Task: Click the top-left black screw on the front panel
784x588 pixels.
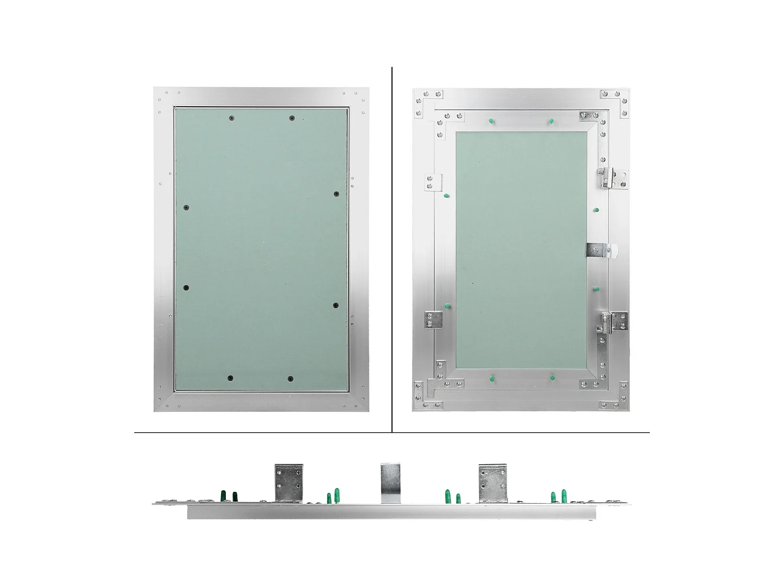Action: tap(231, 119)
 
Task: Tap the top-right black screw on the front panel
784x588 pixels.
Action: tap(292, 119)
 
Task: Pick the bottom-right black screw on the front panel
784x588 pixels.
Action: tap(291, 378)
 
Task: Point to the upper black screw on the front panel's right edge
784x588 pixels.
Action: tap(337, 194)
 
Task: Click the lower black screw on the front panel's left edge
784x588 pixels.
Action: tap(186, 288)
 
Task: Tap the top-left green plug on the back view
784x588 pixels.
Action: tap(491, 121)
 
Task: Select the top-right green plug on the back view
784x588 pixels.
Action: tap(551, 121)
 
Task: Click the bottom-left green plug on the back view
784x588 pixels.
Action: tap(492, 377)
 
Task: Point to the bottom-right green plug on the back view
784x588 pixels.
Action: tap(552, 376)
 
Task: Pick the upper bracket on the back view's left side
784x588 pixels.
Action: tap(433, 182)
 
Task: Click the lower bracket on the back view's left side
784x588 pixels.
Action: tap(433, 319)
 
